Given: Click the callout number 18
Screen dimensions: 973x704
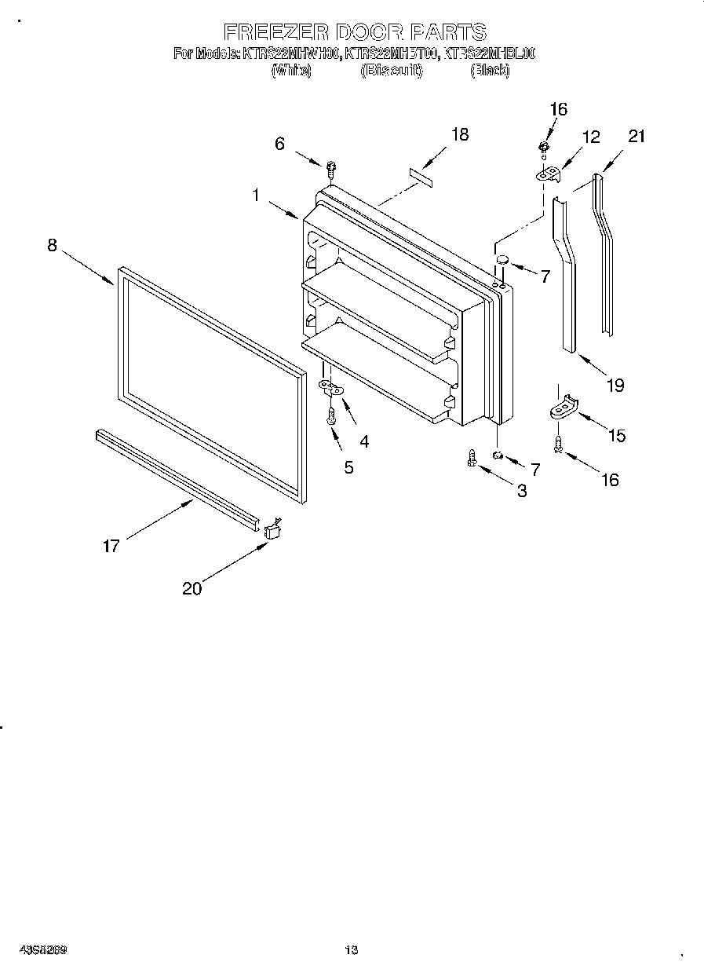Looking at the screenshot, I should pyautogui.click(x=460, y=134).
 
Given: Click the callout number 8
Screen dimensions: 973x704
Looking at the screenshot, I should pyautogui.click(x=52, y=245).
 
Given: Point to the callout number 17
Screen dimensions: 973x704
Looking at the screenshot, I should pyautogui.click(x=111, y=545).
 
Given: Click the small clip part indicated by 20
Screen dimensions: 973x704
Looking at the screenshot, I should pyautogui.click(x=274, y=531).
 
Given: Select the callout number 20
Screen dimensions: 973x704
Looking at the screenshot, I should pyautogui.click(x=192, y=587).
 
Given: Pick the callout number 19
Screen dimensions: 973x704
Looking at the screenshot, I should pyautogui.click(x=615, y=385).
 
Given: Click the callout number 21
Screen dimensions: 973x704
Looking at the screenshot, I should pyautogui.click(x=637, y=137).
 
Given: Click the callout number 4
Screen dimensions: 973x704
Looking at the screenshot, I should pyautogui.click(x=363, y=441).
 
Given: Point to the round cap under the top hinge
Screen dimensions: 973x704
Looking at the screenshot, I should pyautogui.click(x=503, y=259).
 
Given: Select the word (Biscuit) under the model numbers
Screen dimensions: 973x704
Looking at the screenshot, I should pyautogui.click(x=392, y=71).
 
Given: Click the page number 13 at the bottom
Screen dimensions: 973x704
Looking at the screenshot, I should pyautogui.click(x=352, y=951).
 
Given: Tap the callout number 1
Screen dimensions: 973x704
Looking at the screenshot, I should pyautogui.click(x=256, y=196).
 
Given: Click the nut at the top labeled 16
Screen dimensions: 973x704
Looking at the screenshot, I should pyautogui.click(x=544, y=147).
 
